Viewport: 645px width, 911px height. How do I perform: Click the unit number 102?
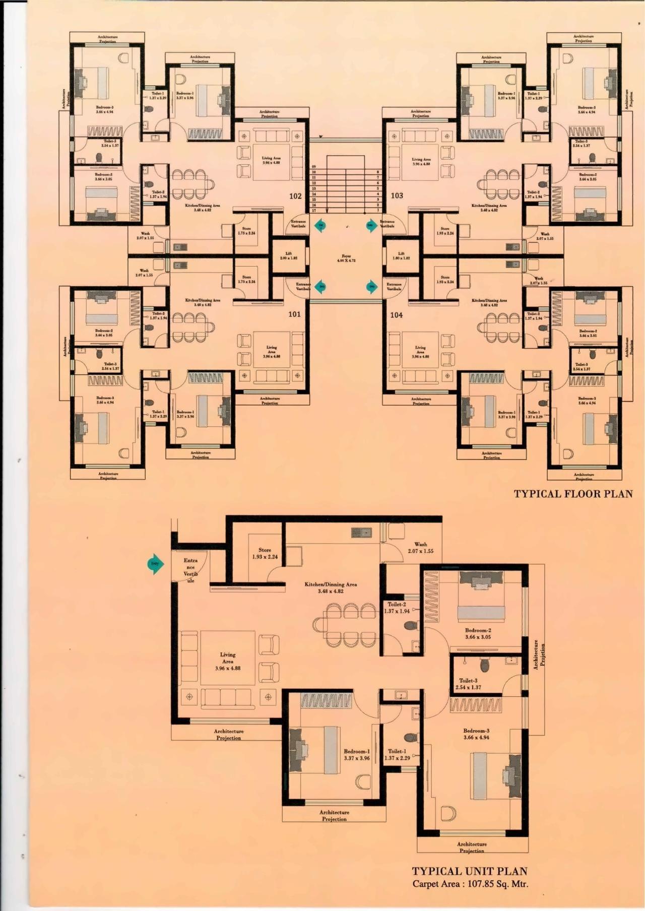pyautogui.click(x=295, y=196)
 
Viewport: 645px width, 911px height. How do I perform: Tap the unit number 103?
pyautogui.click(x=397, y=196)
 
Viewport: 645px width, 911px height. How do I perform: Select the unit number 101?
pyautogui.click(x=294, y=314)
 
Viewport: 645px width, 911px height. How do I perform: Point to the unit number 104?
pyautogui.click(x=397, y=315)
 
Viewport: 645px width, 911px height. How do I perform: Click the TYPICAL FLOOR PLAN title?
pyautogui.click(x=573, y=494)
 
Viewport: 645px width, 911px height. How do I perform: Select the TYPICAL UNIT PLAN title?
pyautogui.click(x=470, y=871)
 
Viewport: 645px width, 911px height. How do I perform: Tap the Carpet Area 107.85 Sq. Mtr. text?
pyautogui.click(x=470, y=884)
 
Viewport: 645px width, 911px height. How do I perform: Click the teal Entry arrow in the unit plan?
pyautogui.click(x=155, y=564)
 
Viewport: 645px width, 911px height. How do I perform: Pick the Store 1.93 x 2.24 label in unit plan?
pyautogui.click(x=265, y=553)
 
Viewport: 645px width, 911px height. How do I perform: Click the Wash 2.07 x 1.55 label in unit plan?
pyautogui.click(x=421, y=548)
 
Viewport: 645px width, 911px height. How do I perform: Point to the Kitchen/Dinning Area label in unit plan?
pyautogui.click(x=331, y=588)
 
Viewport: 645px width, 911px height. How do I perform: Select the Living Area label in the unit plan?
pyautogui.click(x=228, y=661)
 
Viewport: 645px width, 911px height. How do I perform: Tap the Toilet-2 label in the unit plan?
pyautogui.click(x=397, y=608)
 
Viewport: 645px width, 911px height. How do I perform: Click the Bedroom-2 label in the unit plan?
pyautogui.click(x=478, y=633)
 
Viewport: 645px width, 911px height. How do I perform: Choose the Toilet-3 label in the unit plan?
pyautogui.click(x=468, y=684)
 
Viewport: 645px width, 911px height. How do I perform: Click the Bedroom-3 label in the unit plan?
pyautogui.click(x=476, y=734)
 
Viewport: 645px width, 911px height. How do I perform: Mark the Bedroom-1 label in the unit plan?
pyautogui.click(x=357, y=754)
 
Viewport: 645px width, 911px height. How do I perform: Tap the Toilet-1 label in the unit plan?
pyautogui.click(x=397, y=754)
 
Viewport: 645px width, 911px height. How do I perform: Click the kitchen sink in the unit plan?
pyautogui.click(x=361, y=532)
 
